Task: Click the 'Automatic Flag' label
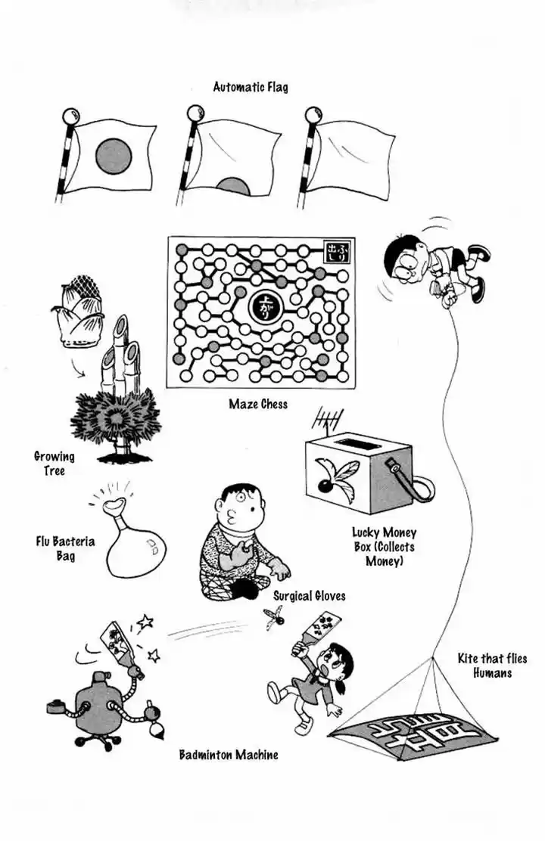pyautogui.click(x=250, y=87)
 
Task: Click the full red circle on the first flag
pyautogui.click(x=114, y=157)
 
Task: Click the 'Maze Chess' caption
pyautogui.click(x=258, y=404)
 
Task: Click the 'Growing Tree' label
pyautogui.click(x=54, y=463)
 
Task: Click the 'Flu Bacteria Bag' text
pyautogui.click(x=65, y=548)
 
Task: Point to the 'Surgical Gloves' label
pyautogui.click(x=309, y=596)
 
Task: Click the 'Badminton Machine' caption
pyautogui.click(x=228, y=754)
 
